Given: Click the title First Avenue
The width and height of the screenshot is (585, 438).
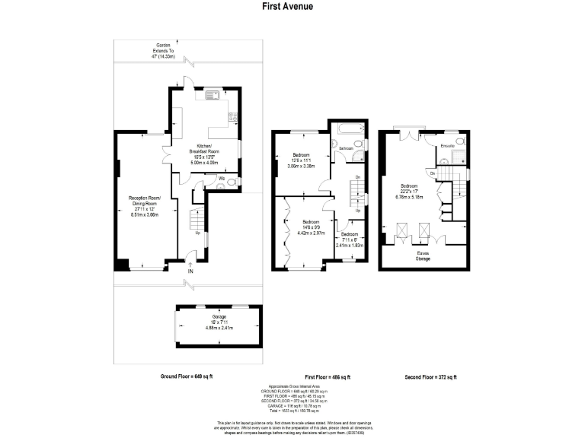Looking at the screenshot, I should point(292,7).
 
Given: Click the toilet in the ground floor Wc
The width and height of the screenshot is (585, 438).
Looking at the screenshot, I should point(232,181).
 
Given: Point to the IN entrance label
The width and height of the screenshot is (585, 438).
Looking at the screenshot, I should point(191,271).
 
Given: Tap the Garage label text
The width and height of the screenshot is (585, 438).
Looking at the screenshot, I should point(219,316).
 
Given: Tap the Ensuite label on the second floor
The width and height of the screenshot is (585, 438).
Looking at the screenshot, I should point(448,144).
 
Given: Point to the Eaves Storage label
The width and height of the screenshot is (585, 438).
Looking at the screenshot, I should point(422,255).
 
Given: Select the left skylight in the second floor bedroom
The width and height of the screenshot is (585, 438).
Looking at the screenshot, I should point(401,228).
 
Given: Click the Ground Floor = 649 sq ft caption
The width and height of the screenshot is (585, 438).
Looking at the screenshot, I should point(187,377).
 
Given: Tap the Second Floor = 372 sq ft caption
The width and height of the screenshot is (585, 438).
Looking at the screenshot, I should point(430,377).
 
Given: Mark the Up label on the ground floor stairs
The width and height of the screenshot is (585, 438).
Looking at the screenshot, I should point(198,233).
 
